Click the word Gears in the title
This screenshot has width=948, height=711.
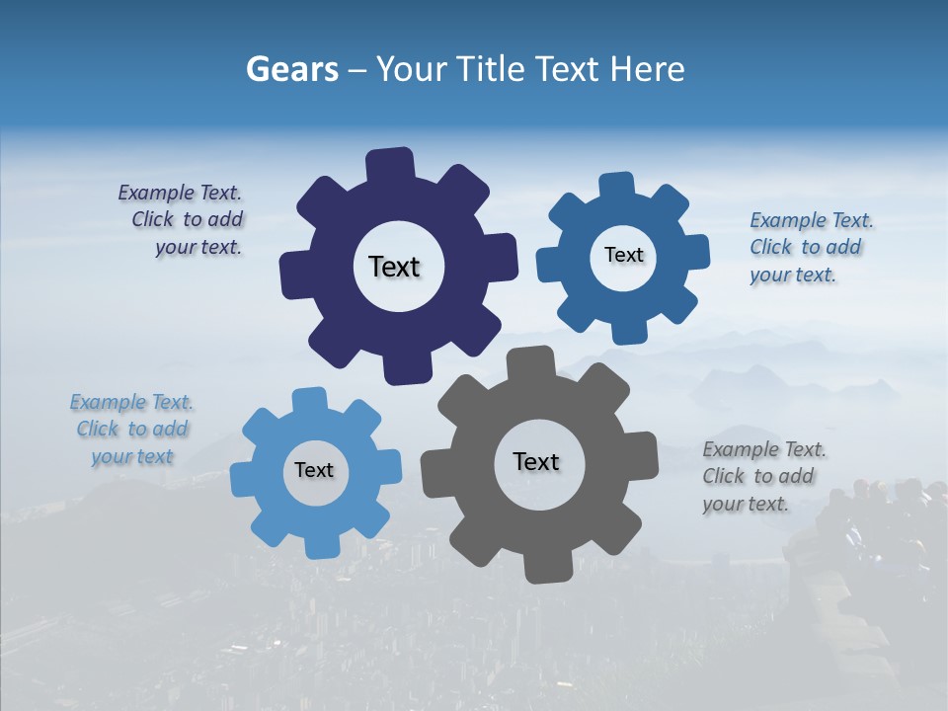coord(291,69)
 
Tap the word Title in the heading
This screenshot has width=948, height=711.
coord(487,69)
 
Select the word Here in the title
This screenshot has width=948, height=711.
coord(647,69)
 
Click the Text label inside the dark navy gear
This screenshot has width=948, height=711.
coord(394,267)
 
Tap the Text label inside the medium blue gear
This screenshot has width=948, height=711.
coord(623,255)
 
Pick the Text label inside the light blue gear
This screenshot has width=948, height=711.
coord(314,470)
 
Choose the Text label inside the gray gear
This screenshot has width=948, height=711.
coord(536,461)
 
